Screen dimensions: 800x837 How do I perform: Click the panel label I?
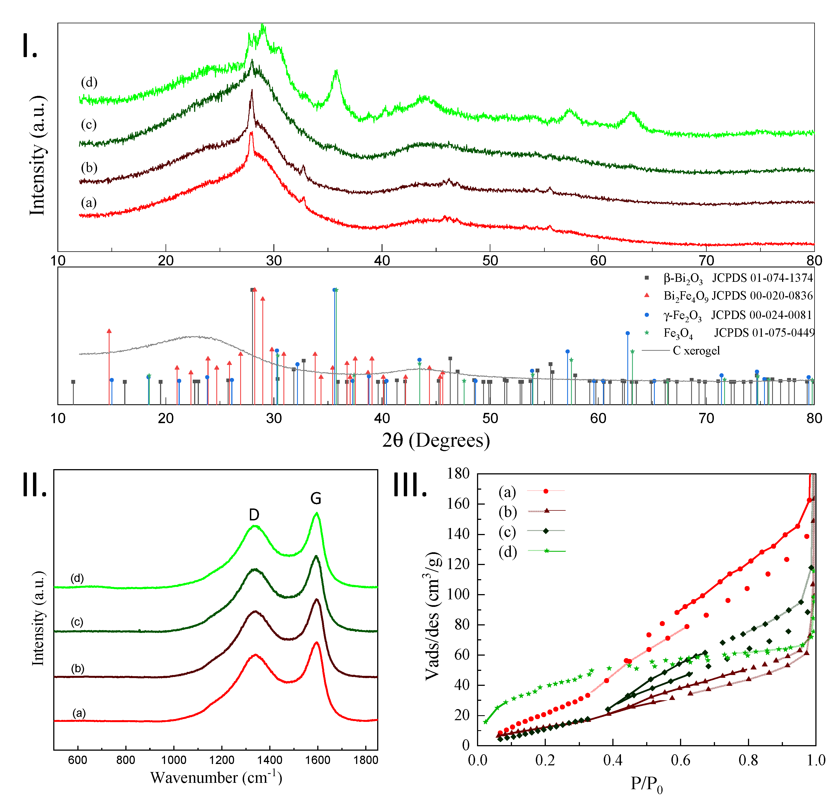coord(30,46)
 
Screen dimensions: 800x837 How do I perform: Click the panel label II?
coord(34,485)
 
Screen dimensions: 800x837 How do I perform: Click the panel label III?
coord(409,485)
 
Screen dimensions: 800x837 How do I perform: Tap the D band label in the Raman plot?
coord(254,515)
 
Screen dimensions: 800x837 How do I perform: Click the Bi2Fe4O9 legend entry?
coord(726,296)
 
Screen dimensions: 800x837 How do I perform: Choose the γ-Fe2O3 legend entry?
coord(726,315)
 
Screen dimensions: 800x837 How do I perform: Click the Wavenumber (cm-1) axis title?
coord(216,777)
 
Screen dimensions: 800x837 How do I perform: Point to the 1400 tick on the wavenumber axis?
coord(270,760)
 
